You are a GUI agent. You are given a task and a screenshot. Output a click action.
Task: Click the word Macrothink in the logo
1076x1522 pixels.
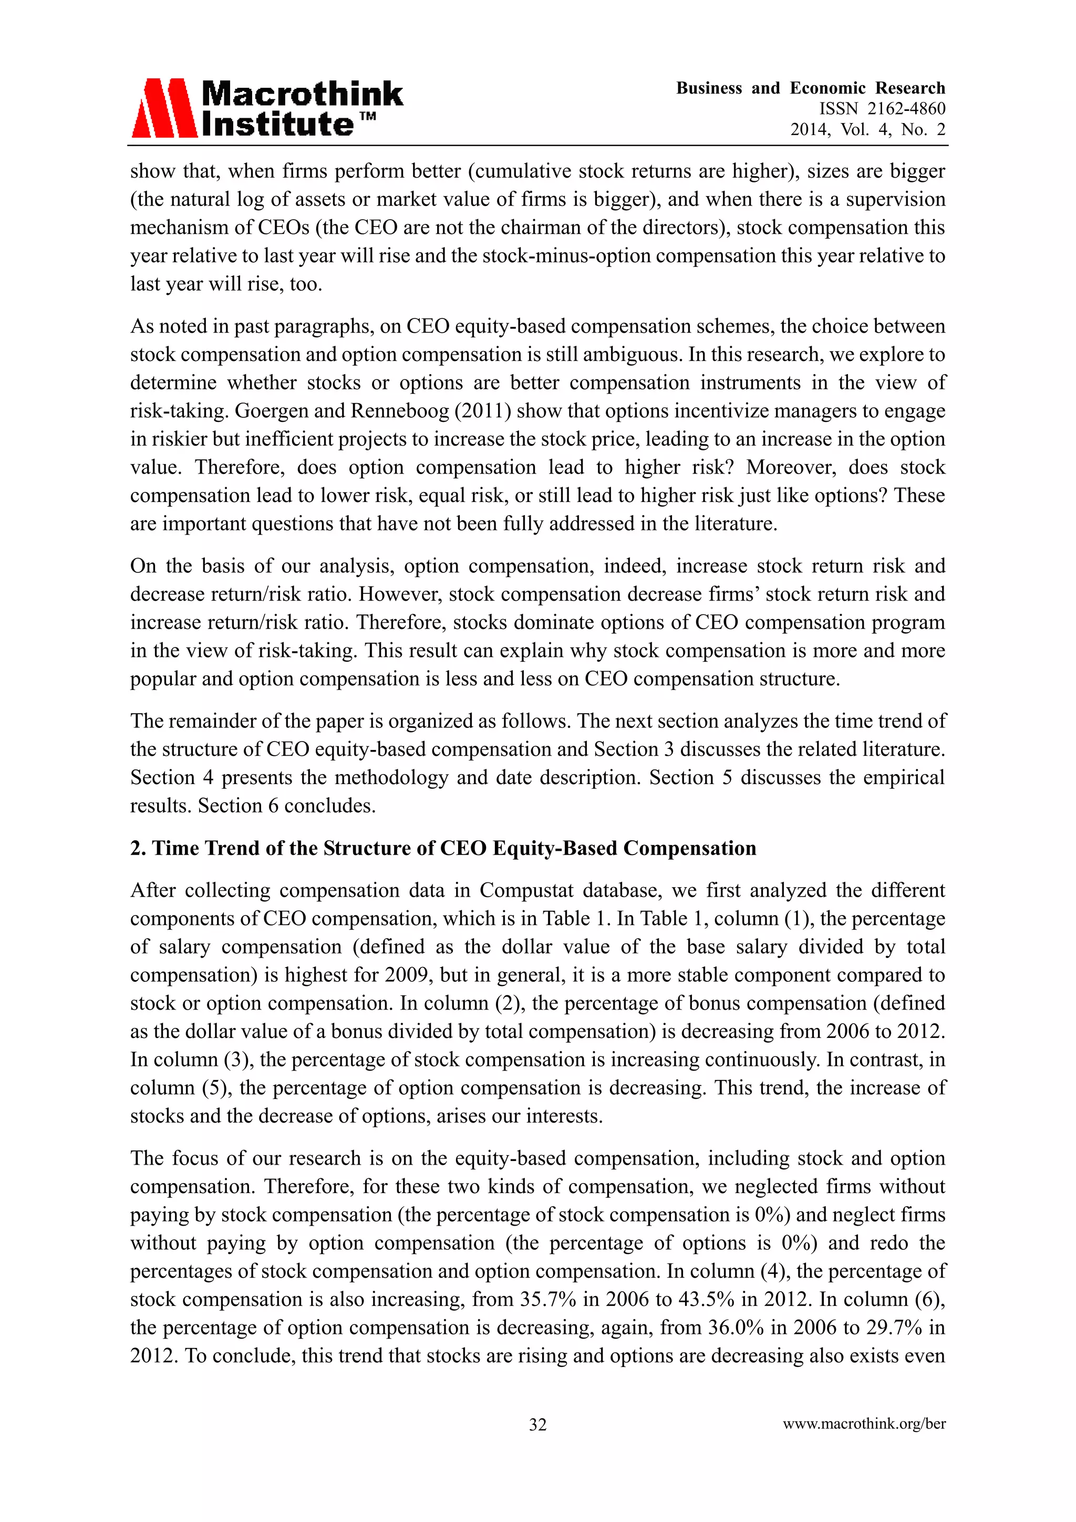click(x=302, y=94)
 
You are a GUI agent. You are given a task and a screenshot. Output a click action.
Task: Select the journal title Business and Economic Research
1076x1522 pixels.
click(x=810, y=88)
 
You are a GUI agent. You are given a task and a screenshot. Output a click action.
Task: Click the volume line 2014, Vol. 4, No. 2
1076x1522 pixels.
click(x=867, y=130)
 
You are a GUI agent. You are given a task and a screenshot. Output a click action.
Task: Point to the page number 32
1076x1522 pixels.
click(x=537, y=1424)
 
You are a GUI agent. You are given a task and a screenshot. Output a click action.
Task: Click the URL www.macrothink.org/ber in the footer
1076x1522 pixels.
click(x=864, y=1424)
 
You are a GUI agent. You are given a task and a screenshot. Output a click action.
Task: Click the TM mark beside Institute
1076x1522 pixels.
click(x=368, y=117)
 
